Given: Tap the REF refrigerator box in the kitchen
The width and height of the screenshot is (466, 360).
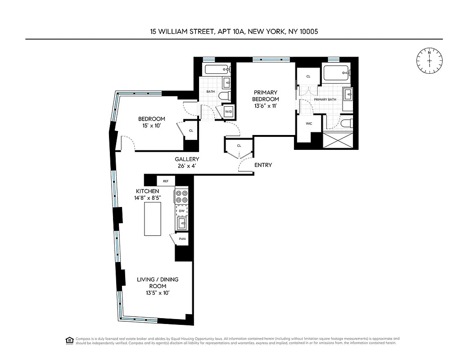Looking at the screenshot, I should [166, 181].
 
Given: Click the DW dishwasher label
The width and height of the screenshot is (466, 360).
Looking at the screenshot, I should [181, 211].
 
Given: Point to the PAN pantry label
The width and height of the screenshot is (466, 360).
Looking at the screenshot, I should [182, 239].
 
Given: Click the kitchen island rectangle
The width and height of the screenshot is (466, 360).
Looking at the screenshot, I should [152, 218].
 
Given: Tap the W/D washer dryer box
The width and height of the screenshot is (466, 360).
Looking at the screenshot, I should [228, 112].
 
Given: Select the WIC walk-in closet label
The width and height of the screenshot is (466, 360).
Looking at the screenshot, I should [308, 123].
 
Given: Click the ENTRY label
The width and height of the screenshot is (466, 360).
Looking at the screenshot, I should [263, 165].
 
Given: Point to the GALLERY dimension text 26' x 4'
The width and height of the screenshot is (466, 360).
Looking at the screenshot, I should [187, 166].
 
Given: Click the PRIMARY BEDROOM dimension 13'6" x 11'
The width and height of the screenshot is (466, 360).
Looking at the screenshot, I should [266, 106].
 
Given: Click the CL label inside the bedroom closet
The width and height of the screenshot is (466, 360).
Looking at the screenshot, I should [191, 130].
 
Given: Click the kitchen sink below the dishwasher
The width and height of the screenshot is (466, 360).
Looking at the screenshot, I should [181, 223].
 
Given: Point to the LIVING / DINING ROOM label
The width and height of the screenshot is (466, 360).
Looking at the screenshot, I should [158, 283].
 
